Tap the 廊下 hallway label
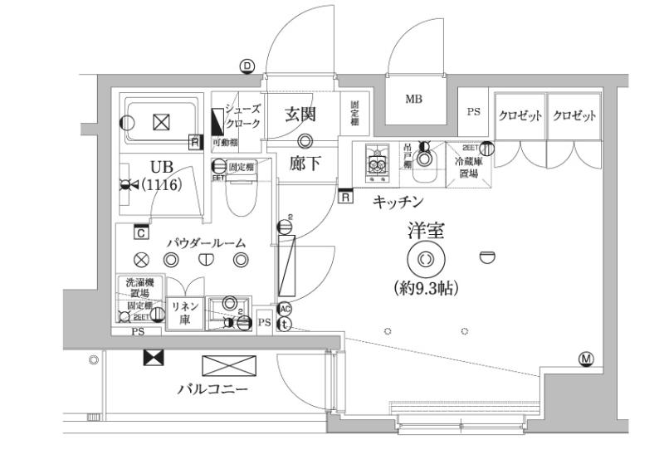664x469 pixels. tap(304, 163)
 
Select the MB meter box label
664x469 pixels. tap(413, 99)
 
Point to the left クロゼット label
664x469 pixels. tap(520, 116)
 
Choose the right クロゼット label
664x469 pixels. tap(574, 116)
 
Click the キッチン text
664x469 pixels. tap(399, 201)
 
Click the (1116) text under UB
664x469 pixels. tap(160, 184)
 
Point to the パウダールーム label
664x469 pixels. tap(206, 242)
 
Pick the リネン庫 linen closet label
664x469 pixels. tap(183, 314)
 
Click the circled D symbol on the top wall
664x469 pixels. tap(247, 66)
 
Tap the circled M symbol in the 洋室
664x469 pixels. tap(586, 359)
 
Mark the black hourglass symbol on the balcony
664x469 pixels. tap(154, 358)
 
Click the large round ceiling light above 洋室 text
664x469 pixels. tap(424, 259)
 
